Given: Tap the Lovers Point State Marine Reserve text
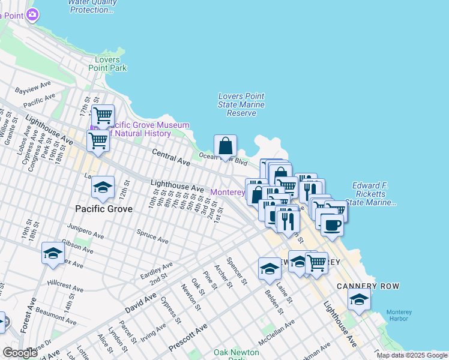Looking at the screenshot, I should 241,104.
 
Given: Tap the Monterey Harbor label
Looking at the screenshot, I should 399,315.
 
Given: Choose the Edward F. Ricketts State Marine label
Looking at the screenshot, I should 370,194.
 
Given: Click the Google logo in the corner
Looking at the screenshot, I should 20,353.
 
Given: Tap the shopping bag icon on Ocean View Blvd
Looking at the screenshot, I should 225,146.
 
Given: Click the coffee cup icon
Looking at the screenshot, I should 331,226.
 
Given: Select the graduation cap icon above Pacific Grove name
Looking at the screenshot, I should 103,188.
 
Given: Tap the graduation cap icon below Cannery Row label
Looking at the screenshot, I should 359,299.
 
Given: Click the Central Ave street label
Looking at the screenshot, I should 171,157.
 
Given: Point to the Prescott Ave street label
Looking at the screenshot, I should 188,337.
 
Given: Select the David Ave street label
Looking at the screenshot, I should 141,302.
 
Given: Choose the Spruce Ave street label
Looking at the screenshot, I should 152,235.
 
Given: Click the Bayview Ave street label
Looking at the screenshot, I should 32,90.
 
